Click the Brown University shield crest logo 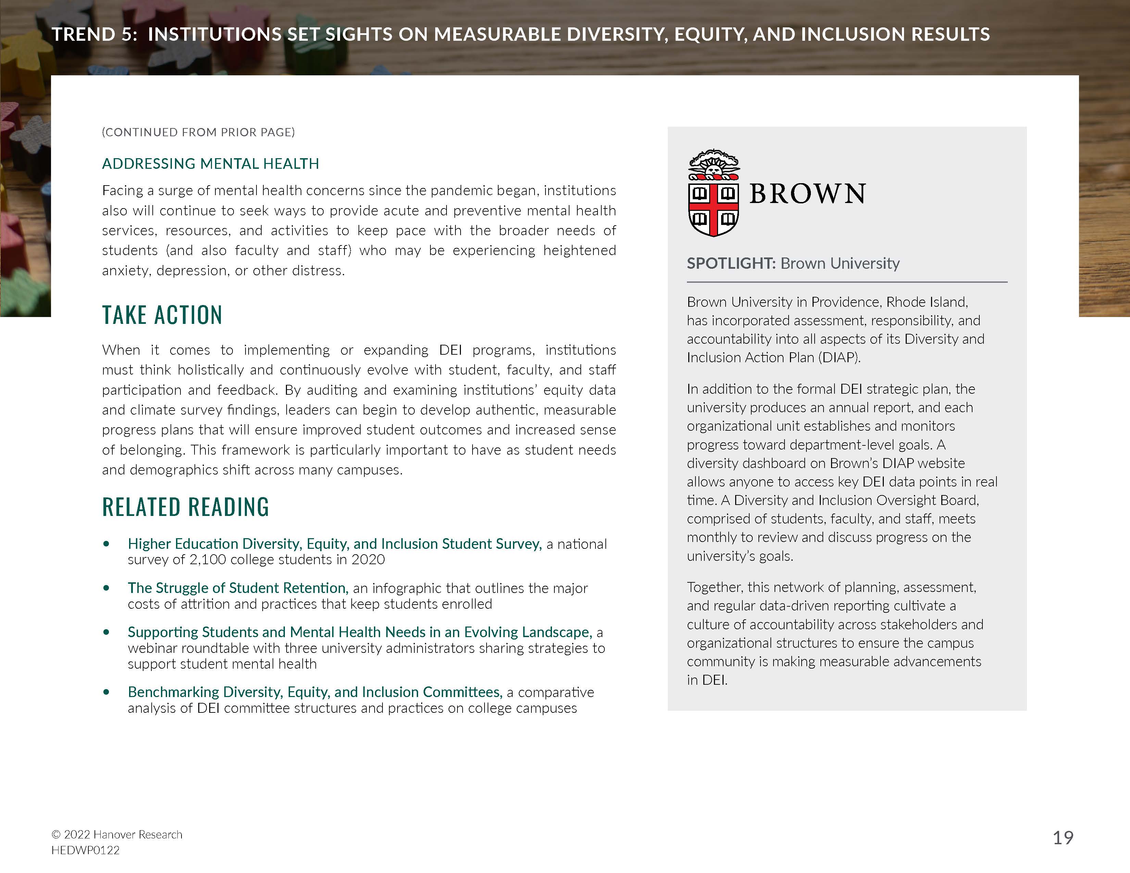coord(714,193)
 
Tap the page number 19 coord(1063,837)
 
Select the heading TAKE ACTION coord(162,315)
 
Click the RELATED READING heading coord(185,507)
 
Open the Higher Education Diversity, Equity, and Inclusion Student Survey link coord(334,544)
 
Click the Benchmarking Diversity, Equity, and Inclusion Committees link coord(315,692)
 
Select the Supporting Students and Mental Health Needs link coord(360,632)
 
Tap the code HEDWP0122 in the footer coord(85,850)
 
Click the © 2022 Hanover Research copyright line coord(116,834)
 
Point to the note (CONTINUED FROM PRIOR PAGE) coord(198,132)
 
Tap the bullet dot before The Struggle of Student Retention coord(106,588)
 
